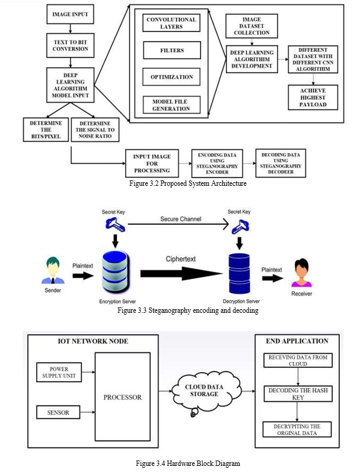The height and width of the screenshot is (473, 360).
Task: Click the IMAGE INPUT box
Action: click(x=70, y=14)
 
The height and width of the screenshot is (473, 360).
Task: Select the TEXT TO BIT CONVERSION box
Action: click(x=70, y=46)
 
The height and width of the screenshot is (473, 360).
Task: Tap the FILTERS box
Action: click(x=172, y=50)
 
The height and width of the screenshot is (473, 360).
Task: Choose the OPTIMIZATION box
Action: click(x=171, y=77)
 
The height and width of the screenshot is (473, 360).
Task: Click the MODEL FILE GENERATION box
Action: click(x=171, y=105)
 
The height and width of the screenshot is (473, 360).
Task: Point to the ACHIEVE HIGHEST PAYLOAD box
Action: click(x=313, y=97)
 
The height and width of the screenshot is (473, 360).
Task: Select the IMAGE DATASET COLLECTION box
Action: click(x=251, y=26)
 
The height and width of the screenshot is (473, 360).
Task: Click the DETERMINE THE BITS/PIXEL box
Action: click(x=46, y=130)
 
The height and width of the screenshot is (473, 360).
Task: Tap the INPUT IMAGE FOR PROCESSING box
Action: click(x=152, y=163)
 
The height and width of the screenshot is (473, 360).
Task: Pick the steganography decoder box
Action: click(x=281, y=163)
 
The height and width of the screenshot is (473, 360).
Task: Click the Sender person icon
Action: click(x=53, y=271)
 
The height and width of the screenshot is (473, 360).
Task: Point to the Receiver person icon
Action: click(x=301, y=273)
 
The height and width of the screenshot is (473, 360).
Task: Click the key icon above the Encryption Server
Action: click(x=115, y=225)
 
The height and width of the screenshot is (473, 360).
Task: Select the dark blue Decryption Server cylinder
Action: click(x=240, y=274)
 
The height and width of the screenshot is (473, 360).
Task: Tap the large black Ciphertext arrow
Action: click(x=181, y=274)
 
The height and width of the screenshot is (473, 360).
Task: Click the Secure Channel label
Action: click(x=181, y=219)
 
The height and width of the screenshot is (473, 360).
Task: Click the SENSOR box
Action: click(x=58, y=412)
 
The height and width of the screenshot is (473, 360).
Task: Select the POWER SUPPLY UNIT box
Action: click(x=59, y=372)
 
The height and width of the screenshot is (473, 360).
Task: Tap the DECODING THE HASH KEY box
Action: click(x=298, y=393)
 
